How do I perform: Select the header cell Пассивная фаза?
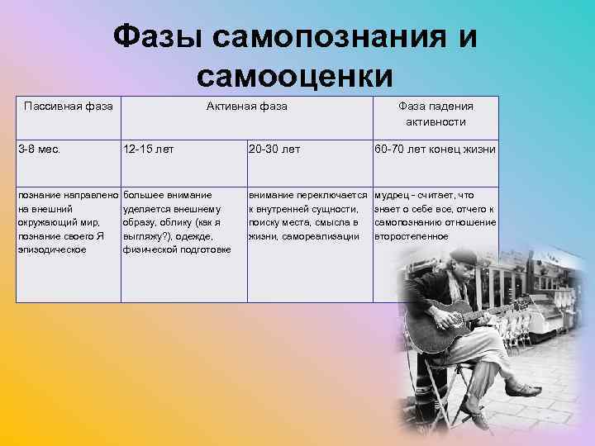point(69,106)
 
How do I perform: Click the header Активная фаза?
point(246,106)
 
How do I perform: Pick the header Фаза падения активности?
point(436,114)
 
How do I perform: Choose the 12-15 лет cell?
point(148,149)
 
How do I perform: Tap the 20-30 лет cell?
point(274,149)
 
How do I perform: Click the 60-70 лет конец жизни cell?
point(435,149)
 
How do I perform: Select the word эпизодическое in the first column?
point(51,249)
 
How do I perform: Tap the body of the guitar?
point(459,318)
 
